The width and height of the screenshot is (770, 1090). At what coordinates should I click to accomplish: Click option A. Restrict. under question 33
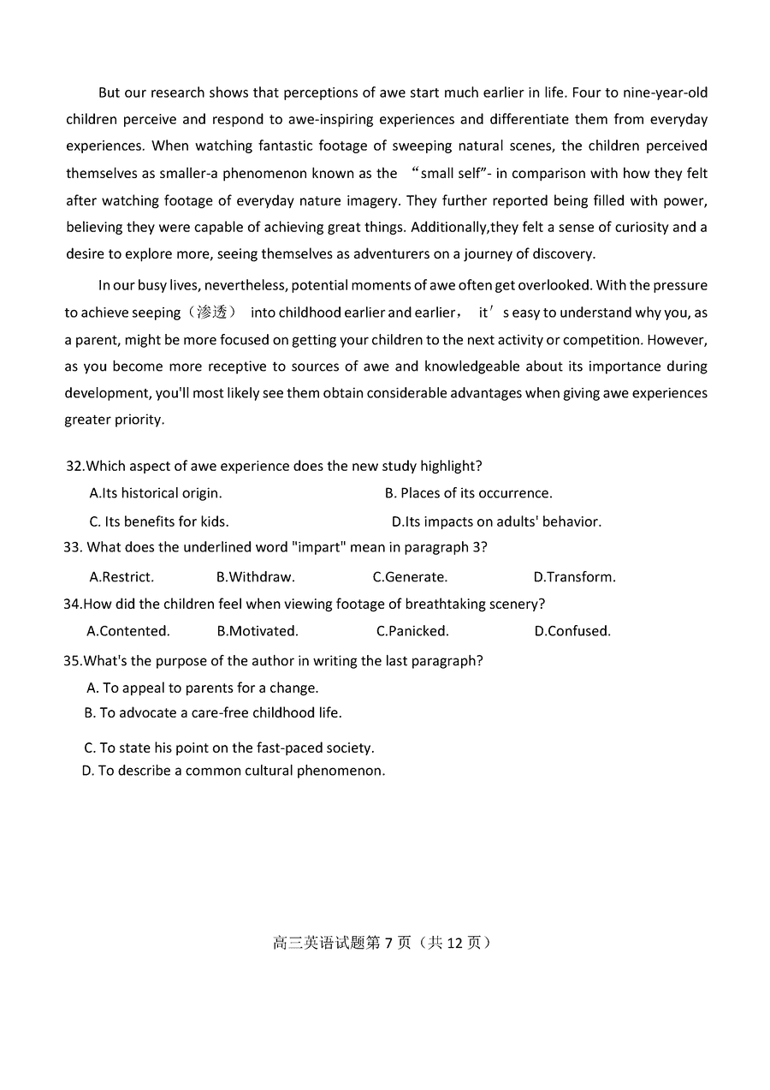pos(121,577)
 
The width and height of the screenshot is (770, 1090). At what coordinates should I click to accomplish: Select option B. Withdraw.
pos(255,577)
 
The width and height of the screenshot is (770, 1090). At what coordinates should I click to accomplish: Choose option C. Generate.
pos(410,577)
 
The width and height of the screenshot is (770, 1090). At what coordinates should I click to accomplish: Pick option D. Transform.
pos(574,577)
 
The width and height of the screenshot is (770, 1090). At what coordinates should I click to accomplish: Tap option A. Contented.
pos(128,631)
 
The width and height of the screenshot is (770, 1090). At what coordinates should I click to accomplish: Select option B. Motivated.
pos(258,631)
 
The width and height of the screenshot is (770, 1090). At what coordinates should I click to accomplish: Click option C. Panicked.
pos(412,631)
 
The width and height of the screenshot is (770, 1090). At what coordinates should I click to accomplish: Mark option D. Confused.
pos(572,631)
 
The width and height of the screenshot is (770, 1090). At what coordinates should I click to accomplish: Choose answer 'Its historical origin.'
pos(156,493)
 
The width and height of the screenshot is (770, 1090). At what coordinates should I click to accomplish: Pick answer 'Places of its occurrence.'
pos(468,493)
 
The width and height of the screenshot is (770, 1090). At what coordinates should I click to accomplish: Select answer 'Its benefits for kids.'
pos(159,521)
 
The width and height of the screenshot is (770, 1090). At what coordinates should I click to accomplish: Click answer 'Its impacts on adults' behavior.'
pos(496,521)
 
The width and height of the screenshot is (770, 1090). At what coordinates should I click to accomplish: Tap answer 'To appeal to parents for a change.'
pos(203,688)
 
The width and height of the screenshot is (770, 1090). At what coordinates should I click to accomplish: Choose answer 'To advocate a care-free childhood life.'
pos(213,712)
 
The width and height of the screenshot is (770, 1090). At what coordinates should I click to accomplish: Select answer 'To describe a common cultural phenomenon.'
pos(234,771)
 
